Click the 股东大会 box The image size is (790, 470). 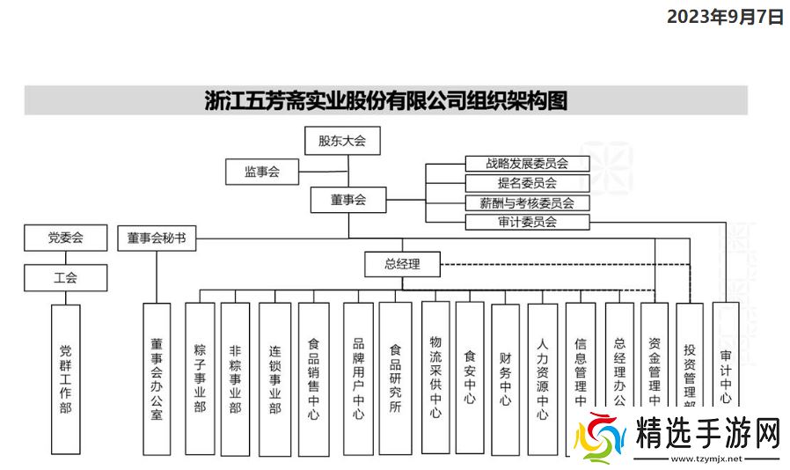(341, 140)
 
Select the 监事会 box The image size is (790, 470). (261, 172)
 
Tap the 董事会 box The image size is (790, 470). (348, 200)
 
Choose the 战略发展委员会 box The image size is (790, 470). (526, 163)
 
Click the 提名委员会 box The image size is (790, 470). (526, 183)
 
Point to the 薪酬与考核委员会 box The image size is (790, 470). (526, 202)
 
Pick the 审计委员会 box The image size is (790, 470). (526, 222)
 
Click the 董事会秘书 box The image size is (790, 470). (156, 238)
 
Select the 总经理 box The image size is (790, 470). (402, 263)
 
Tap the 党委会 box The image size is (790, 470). (65, 237)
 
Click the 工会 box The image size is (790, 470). (65, 277)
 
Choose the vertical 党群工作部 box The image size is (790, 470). (65, 378)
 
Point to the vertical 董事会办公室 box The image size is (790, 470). (156, 378)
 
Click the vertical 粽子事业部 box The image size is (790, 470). (200, 378)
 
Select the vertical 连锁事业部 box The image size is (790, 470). (274, 378)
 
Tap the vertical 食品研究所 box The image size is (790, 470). (395, 378)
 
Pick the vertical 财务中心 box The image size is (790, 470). (505, 378)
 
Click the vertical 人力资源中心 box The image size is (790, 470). (543, 378)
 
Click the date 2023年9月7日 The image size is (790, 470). (724, 16)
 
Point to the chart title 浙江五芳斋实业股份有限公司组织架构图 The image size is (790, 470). (385, 100)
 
